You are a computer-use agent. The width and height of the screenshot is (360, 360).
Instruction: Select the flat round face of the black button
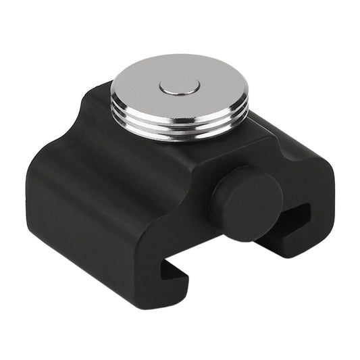point(251,203)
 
